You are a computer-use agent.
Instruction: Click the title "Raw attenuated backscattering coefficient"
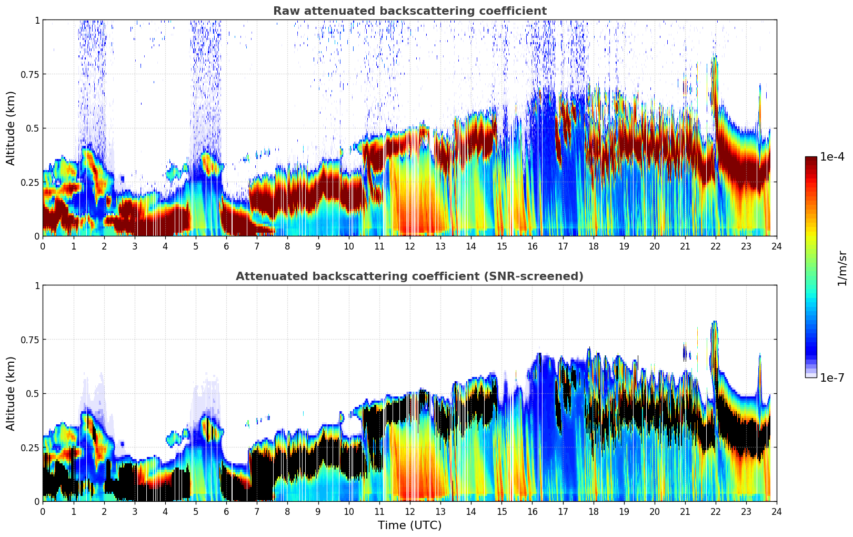pos(409,11)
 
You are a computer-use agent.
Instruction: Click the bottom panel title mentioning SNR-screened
pos(409,276)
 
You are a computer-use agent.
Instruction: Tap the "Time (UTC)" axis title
pos(409,525)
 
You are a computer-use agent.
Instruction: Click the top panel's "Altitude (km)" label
pos(11,128)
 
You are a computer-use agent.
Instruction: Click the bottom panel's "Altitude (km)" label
pos(11,393)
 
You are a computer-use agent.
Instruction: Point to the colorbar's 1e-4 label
pos(832,157)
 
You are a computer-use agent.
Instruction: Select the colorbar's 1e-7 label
pos(832,378)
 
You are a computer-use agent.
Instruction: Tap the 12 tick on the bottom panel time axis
pos(410,511)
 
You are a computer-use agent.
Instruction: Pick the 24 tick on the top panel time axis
pos(777,246)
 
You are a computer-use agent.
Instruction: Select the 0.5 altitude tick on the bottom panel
pos(34,394)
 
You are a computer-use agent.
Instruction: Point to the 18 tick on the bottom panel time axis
pos(593,511)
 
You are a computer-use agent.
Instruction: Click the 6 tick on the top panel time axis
pos(226,246)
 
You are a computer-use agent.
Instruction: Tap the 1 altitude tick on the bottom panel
pos(37,286)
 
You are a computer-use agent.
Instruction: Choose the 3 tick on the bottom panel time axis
pos(135,511)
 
